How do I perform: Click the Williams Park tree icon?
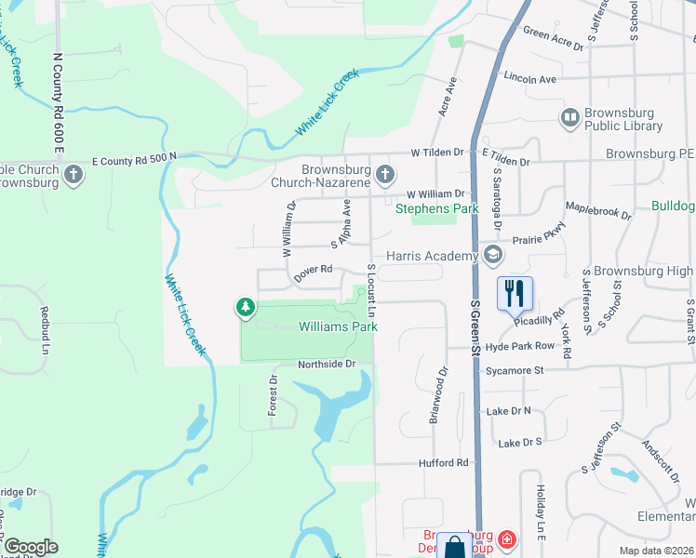tap(246, 308)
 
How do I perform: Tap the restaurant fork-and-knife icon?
tap(515, 293)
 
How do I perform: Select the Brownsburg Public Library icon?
tap(569, 118)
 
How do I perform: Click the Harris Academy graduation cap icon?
tap(492, 256)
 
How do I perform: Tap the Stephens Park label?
tap(436, 208)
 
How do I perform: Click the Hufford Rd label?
tap(448, 462)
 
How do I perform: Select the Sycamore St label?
tap(514, 370)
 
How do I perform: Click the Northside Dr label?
tap(327, 364)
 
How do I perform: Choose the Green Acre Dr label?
tap(553, 38)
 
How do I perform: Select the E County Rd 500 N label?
tap(134, 161)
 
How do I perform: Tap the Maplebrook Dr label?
tap(598, 212)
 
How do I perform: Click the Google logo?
tap(30, 547)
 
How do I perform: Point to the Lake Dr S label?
tap(520, 443)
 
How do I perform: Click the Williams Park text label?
tap(338, 327)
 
